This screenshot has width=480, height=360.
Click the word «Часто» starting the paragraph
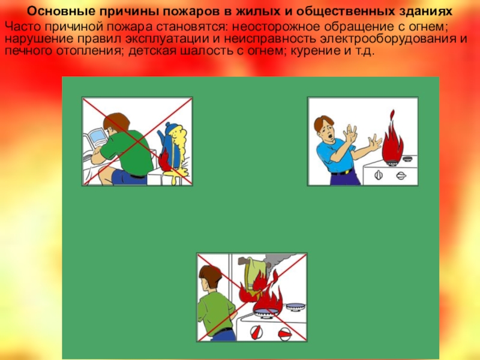(23, 26)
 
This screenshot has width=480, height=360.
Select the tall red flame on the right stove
(391, 140)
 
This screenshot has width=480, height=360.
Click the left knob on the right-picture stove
(379, 175)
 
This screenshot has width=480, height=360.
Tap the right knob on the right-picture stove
(401, 176)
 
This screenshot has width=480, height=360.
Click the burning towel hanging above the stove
(251, 275)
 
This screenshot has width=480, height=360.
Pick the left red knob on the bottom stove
(256, 331)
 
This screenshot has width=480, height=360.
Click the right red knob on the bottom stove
(284, 333)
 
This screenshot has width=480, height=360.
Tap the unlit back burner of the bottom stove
(296, 306)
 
